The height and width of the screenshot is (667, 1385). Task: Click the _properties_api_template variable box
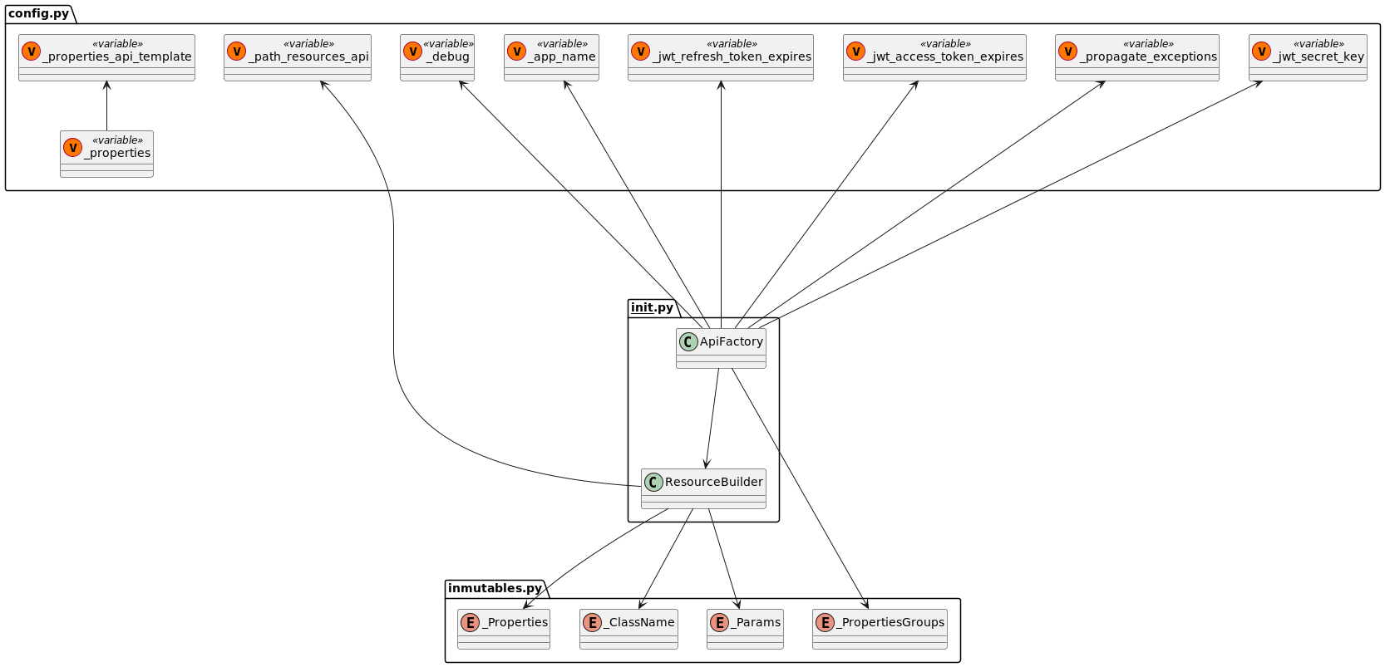106,56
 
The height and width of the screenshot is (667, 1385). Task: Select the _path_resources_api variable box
297,56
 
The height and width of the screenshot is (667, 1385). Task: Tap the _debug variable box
437,56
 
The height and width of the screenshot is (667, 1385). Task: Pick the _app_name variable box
551,56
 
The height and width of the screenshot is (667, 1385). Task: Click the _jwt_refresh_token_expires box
720,56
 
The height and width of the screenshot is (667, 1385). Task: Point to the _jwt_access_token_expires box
934,56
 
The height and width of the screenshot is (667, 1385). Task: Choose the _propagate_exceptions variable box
1136,56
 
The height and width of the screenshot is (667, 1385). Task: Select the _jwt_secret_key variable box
1308,56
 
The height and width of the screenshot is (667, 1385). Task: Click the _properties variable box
106,153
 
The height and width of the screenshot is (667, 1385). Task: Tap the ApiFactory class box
721,347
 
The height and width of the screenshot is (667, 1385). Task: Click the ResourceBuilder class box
703,488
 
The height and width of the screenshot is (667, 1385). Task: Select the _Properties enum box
504,628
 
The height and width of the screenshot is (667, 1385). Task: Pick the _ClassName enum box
628,628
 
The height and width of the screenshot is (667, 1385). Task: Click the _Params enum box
745,628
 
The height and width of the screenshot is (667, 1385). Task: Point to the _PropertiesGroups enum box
880,628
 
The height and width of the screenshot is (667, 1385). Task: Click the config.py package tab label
38,14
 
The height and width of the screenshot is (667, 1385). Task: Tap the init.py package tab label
652,308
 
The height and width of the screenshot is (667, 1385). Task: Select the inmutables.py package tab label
495,589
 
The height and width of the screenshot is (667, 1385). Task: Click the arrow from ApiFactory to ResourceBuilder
712,418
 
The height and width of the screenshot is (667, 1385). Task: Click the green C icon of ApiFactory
688,341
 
